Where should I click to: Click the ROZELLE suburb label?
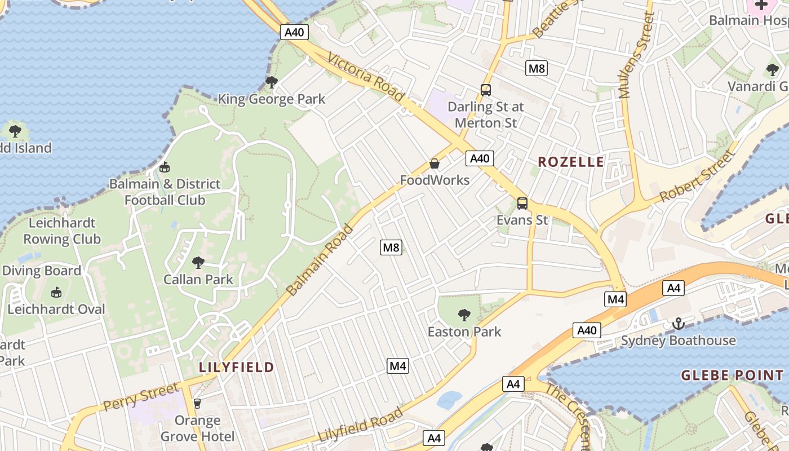pyautogui.click(x=570, y=162)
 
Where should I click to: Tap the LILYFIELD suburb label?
pyautogui.click(x=236, y=367)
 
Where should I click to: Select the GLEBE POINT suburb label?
pyautogui.click(x=732, y=375)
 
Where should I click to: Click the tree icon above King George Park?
pyautogui.click(x=271, y=82)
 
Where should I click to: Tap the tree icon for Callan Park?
pyautogui.click(x=198, y=262)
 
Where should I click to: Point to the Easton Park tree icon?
pyautogui.click(x=464, y=315)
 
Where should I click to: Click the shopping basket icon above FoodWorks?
pyautogui.click(x=435, y=163)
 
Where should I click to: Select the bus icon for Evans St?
pyautogui.click(x=522, y=203)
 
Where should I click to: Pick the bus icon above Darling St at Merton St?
pyautogui.click(x=485, y=90)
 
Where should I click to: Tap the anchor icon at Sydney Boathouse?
pyautogui.click(x=678, y=324)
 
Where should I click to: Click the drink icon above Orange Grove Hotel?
pyautogui.click(x=197, y=403)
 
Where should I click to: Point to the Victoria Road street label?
pyautogui.click(x=365, y=77)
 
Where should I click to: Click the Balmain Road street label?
pyautogui.click(x=320, y=260)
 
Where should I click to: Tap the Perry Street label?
pyautogui.click(x=140, y=397)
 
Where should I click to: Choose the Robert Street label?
pyautogui.click(x=698, y=176)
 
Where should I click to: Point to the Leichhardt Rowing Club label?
pyautogui.click(x=61, y=231)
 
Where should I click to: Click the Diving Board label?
pyautogui.click(x=42, y=271)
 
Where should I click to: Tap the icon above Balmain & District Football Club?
pyautogui.click(x=165, y=167)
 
